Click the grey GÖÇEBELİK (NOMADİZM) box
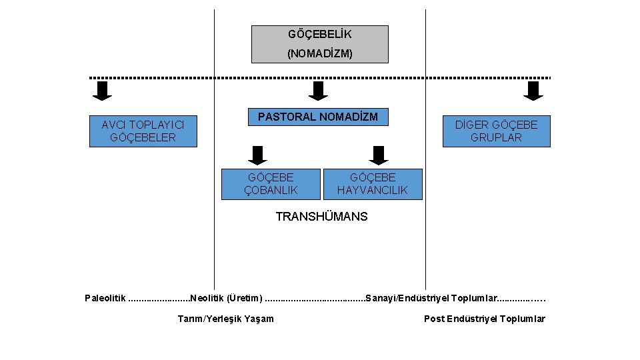point(319,44)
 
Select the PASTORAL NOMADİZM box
point(318,117)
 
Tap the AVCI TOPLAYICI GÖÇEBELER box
point(143,131)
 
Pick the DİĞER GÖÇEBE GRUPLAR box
point(496,131)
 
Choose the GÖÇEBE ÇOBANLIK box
point(271,184)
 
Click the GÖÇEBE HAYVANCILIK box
point(372,184)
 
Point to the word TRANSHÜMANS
point(321,217)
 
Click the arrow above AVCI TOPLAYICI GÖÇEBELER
point(102,91)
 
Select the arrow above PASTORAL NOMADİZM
point(319,91)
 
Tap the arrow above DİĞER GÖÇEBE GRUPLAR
point(533,91)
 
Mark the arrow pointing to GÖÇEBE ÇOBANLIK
point(257,155)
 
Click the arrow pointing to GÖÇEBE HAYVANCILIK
point(379,155)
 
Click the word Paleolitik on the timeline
point(105,297)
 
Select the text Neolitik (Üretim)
point(226,297)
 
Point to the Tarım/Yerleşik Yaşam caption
point(225,319)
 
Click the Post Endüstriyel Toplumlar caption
point(485,319)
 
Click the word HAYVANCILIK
point(372,191)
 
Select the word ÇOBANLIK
point(271,191)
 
